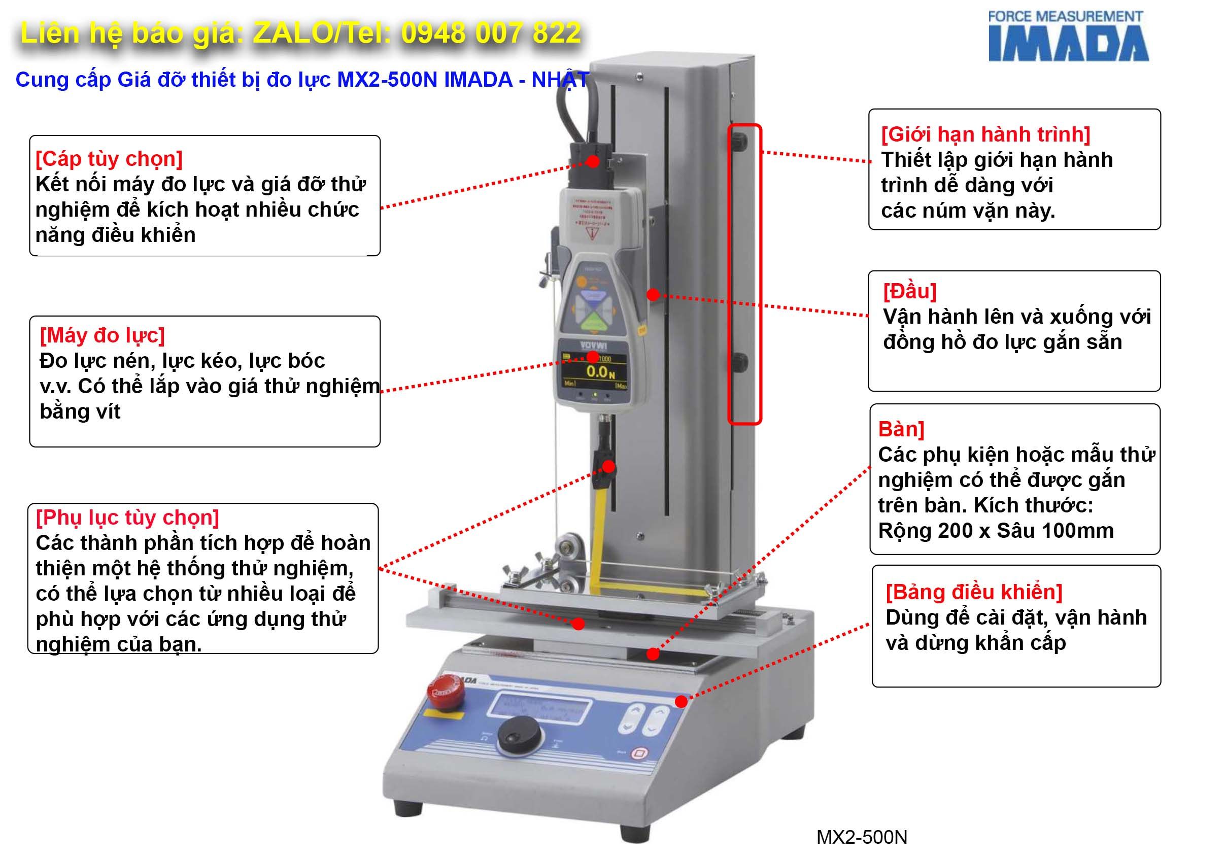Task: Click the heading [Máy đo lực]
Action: [102, 335]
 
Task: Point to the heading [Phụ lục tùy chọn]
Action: [127, 517]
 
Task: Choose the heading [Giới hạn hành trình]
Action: [985, 134]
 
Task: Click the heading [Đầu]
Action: [910, 291]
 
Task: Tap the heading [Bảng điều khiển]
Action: [974, 592]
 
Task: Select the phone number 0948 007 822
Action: [491, 33]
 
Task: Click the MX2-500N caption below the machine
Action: [861, 837]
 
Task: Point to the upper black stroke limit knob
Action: [740, 142]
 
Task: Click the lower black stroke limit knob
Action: [740, 362]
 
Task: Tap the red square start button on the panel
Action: [639, 754]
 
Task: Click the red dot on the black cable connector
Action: [592, 161]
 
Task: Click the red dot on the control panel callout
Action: [681, 702]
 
